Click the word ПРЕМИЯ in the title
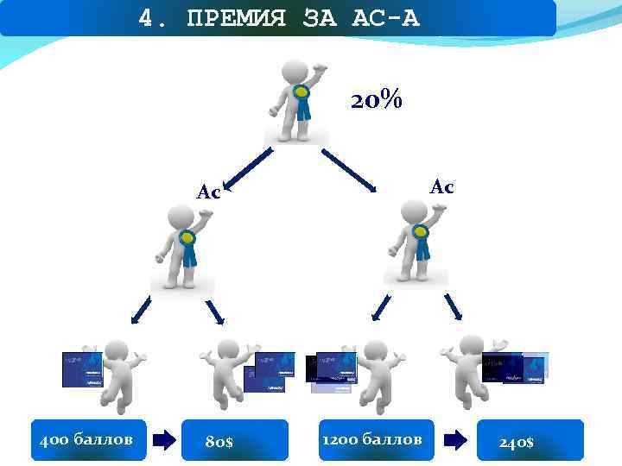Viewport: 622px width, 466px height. [x=235, y=17]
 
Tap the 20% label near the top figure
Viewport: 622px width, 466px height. [x=376, y=101]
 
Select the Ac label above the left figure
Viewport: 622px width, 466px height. [x=208, y=192]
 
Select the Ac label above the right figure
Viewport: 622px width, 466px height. [x=442, y=186]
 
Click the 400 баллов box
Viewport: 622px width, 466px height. [x=87, y=440]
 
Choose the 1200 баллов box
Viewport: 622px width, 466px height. [x=372, y=440]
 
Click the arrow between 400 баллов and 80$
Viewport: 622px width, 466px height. [x=163, y=441]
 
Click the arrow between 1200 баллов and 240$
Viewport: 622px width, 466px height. [x=456, y=441]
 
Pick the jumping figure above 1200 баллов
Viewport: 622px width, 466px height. [x=373, y=372]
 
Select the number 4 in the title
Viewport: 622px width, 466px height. [x=145, y=17]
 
